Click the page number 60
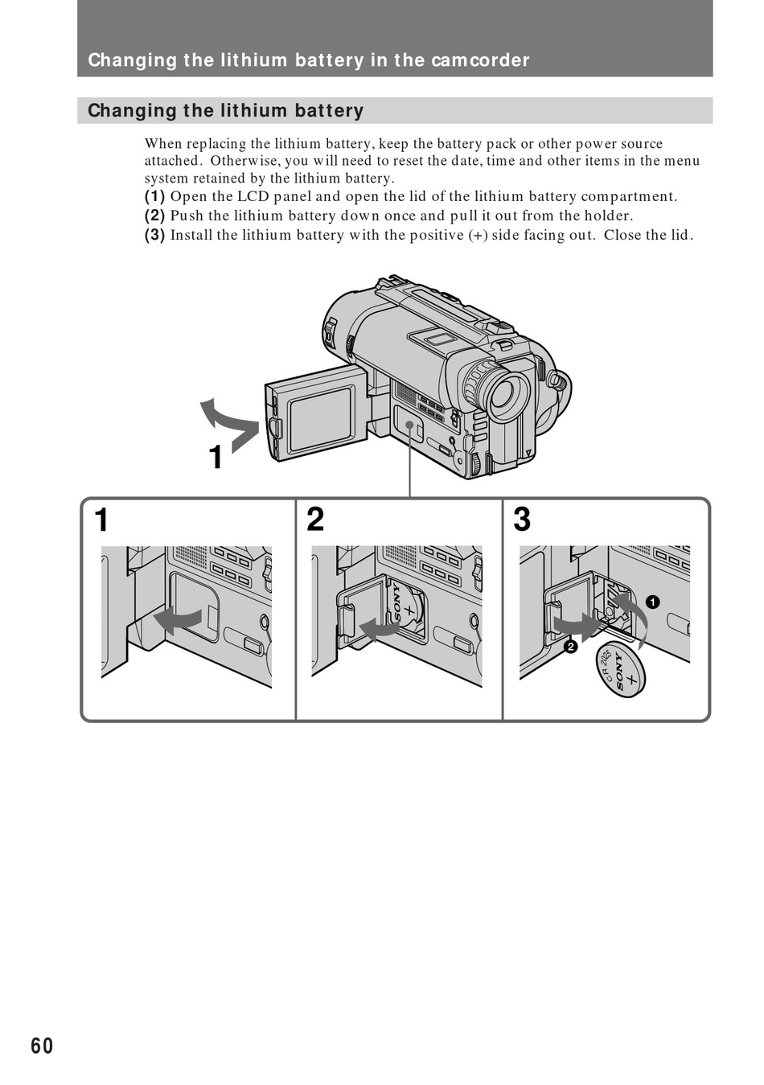(43, 1045)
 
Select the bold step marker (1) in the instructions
(154, 196)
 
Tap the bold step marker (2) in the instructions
(154, 216)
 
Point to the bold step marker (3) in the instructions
(154, 235)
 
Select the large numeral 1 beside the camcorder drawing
(216, 458)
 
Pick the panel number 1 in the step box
(101, 520)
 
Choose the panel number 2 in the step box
(315, 520)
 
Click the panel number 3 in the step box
(522, 520)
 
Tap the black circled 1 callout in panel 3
(652, 602)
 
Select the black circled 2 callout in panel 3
(570, 647)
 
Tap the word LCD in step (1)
(253, 196)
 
